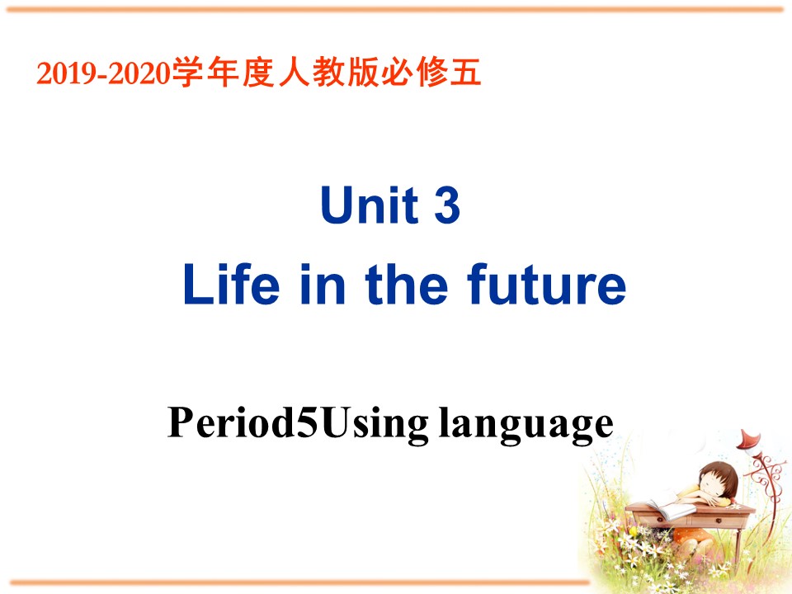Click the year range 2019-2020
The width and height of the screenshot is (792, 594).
pos(102,75)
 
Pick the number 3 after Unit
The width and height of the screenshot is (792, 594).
pos(446,205)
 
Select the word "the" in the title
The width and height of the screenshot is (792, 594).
pos(407,285)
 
